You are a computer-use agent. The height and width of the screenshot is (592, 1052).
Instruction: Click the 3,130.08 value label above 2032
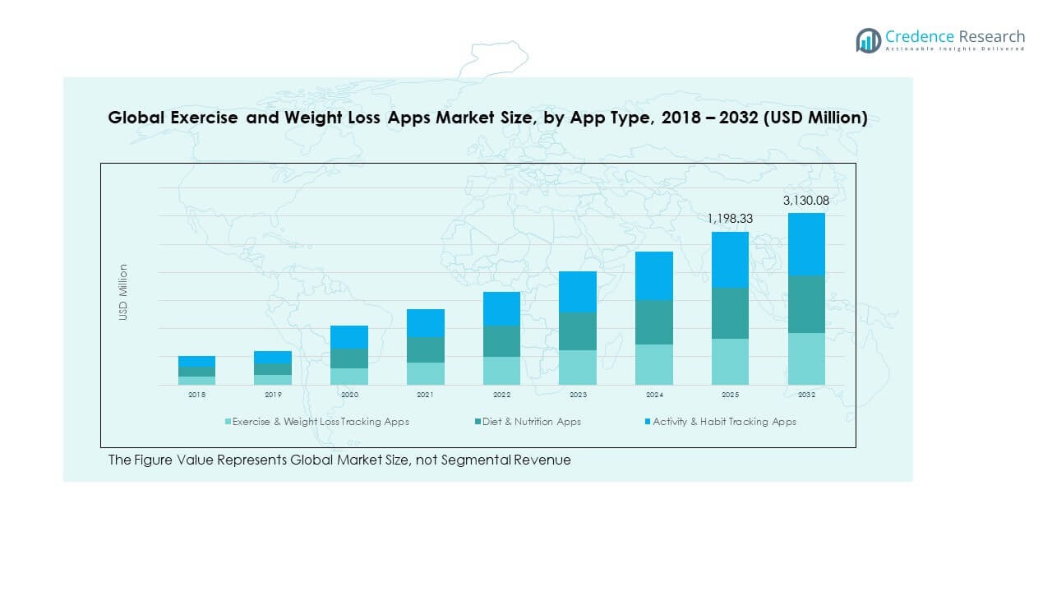pos(806,201)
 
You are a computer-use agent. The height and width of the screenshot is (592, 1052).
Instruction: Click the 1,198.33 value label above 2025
pos(730,219)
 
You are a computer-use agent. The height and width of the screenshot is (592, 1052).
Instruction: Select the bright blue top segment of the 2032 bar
pos(806,244)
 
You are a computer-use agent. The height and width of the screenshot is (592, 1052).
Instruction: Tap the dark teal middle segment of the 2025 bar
pos(730,313)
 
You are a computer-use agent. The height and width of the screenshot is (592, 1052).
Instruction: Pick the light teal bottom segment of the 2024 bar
pos(654,364)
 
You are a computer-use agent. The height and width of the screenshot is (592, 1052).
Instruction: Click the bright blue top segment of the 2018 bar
pos(196,361)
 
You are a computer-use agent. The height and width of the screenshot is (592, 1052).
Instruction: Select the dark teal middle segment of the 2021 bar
pos(425,349)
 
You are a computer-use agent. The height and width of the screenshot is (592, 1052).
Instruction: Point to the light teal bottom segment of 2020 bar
pos(349,377)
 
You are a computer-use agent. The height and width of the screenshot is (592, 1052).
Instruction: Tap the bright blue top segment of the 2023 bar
pos(578,292)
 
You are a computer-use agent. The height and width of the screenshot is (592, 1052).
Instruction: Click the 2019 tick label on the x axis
pos(273,395)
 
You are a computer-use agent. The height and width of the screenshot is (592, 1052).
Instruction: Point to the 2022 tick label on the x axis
pos(501,395)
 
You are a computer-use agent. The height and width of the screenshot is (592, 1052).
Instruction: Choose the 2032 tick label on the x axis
pos(806,395)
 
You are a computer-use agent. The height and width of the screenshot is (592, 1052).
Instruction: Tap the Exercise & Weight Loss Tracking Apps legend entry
pos(320,422)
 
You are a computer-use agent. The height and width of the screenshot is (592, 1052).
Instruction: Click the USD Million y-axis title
pos(123,292)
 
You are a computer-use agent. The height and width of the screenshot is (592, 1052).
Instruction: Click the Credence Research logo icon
pos(868,40)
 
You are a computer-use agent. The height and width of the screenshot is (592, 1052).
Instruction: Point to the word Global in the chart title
pos(136,118)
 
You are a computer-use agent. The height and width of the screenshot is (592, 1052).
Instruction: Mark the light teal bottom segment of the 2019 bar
pos(273,380)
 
